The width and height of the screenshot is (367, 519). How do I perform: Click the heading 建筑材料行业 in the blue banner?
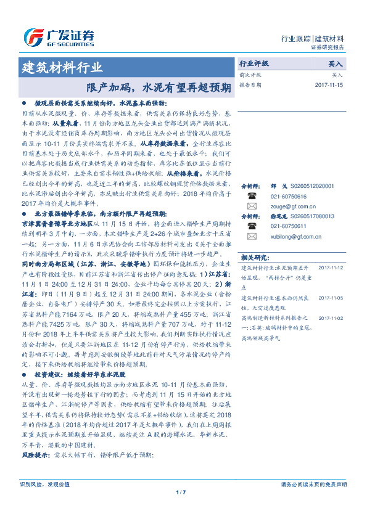click(x=62, y=68)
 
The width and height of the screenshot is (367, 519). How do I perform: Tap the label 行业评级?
click(x=254, y=63)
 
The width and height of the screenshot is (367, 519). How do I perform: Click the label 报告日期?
click(x=250, y=84)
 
